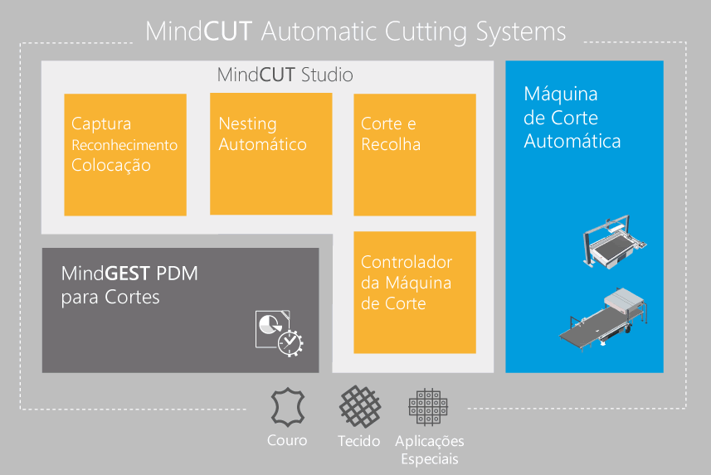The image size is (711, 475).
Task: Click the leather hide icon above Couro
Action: point(288,407)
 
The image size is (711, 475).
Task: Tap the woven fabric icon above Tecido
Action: point(360,406)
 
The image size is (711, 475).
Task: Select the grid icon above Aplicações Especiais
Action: point(428,407)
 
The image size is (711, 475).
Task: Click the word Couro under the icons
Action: point(287,440)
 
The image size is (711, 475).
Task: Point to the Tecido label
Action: point(358,440)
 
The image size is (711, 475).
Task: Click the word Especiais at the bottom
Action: point(430,458)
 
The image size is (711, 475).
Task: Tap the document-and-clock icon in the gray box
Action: point(280,333)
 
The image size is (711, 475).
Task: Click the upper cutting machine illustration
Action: point(615,241)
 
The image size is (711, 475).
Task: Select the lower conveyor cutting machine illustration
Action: point(603,319)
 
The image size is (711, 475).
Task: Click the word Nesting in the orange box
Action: point(247,124)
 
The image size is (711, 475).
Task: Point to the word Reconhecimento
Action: point(124,145)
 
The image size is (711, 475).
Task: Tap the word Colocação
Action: point(111,166)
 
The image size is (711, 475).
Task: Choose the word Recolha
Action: point(391,144)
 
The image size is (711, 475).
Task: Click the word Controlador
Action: point(407,262)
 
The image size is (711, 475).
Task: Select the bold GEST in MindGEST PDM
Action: point(128,274)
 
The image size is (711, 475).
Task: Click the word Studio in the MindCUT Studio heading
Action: point(327,75)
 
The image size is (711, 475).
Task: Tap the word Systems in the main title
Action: point(521,32)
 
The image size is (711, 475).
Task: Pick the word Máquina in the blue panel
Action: point(561,94)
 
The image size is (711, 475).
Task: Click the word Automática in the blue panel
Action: point(572,141)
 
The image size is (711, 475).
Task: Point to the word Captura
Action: point(101,124)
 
